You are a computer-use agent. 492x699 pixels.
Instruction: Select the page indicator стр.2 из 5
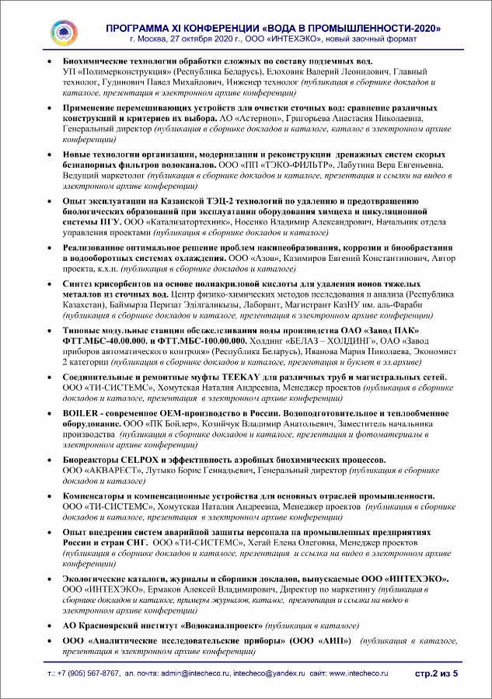[437, 673]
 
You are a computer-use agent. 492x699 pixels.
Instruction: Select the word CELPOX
[134, 461]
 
